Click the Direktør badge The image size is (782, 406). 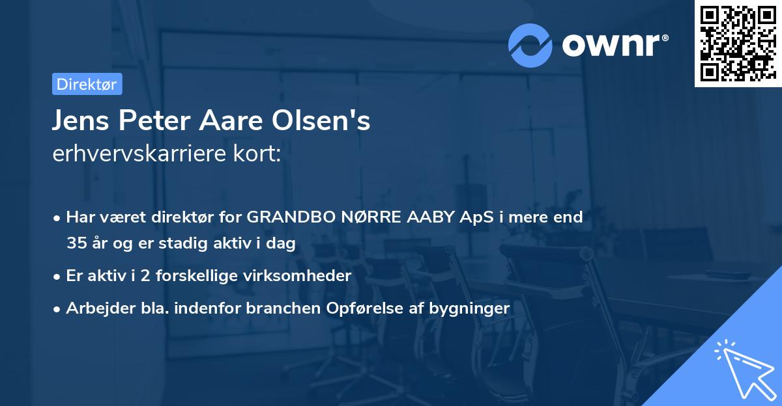87,84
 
